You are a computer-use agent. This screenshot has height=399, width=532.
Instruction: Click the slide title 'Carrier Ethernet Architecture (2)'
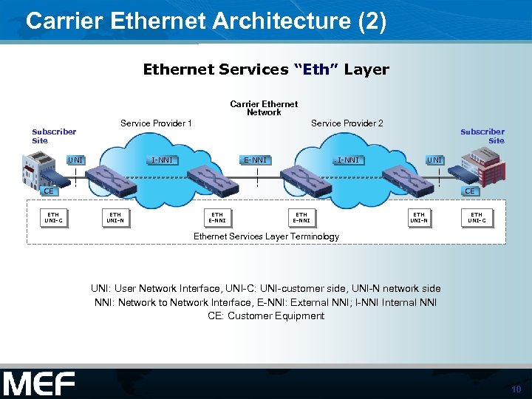coord(205,21)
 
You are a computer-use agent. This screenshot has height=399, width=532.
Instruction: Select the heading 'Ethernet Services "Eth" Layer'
coord(265,69)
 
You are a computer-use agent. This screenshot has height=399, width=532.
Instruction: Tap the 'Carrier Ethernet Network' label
coord(264,109)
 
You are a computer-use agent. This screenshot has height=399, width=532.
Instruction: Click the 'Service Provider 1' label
coord(156,123)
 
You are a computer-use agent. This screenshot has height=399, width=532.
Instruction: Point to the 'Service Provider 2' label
coord(347,123)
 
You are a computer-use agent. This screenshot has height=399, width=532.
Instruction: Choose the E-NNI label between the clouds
coord(256,160)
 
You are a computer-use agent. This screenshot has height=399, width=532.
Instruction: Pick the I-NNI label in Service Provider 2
coord(349,160)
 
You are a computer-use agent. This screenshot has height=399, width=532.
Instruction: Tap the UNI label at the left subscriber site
coord(75,160)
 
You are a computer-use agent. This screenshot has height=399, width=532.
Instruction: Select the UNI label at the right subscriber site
coord(434,160)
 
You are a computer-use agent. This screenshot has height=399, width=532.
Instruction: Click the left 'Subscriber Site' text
coord(53,136)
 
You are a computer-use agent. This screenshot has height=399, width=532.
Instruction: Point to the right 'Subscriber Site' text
coord(482,136)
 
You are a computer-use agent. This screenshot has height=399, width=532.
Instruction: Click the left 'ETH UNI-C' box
coord(53,217)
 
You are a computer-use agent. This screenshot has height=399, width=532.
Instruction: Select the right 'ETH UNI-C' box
coord(477,217)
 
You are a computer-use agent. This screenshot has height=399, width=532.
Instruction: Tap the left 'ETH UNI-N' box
coord(115,217)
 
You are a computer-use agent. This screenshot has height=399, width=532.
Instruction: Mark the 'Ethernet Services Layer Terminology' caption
coord(266,236)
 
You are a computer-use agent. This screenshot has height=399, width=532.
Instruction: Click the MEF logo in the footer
coord(38,384)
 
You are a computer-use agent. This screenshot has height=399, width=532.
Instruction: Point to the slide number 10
coord(516,389)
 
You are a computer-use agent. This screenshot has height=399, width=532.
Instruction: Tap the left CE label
coord(47,191)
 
